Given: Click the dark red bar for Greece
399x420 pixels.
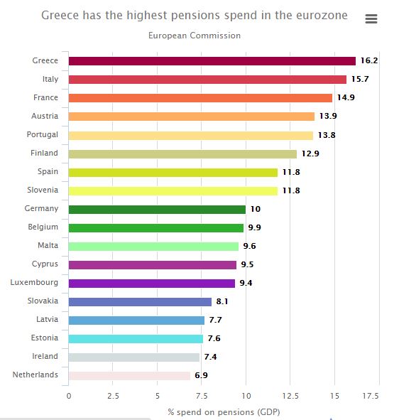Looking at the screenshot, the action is coord(212,61).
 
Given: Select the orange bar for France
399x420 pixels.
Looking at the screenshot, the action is coord(200,98).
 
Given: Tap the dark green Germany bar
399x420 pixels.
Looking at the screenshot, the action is coord(157,210).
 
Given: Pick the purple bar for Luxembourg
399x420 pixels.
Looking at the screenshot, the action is coord(152,284).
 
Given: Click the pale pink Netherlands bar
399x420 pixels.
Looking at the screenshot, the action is coord(129,376).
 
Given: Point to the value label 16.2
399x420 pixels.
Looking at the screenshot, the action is coord(369,60).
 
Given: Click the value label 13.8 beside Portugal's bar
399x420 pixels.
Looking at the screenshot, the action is coord(327,135).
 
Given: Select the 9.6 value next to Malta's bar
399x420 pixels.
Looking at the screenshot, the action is coord(249,246).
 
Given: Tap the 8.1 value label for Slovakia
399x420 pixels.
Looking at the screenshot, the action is coord(222,301).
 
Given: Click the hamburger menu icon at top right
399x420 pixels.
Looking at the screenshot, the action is coord(371,18).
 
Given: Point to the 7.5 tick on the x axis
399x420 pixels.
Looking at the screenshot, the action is coord(202,396).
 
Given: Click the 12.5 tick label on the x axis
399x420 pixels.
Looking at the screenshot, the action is coord(290,396).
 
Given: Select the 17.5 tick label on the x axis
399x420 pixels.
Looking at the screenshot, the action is coord(371,396).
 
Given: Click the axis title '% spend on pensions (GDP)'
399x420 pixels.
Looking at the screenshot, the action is coord(224,412).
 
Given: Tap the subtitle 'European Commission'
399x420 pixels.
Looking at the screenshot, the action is coord(195,36).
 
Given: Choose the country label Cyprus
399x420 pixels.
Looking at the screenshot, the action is coord(45,264).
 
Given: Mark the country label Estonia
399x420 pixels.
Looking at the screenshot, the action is coord(45,338).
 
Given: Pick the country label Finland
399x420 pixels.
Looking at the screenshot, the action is coord(44,153).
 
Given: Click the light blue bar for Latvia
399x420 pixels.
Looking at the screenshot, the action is coord(136,321).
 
